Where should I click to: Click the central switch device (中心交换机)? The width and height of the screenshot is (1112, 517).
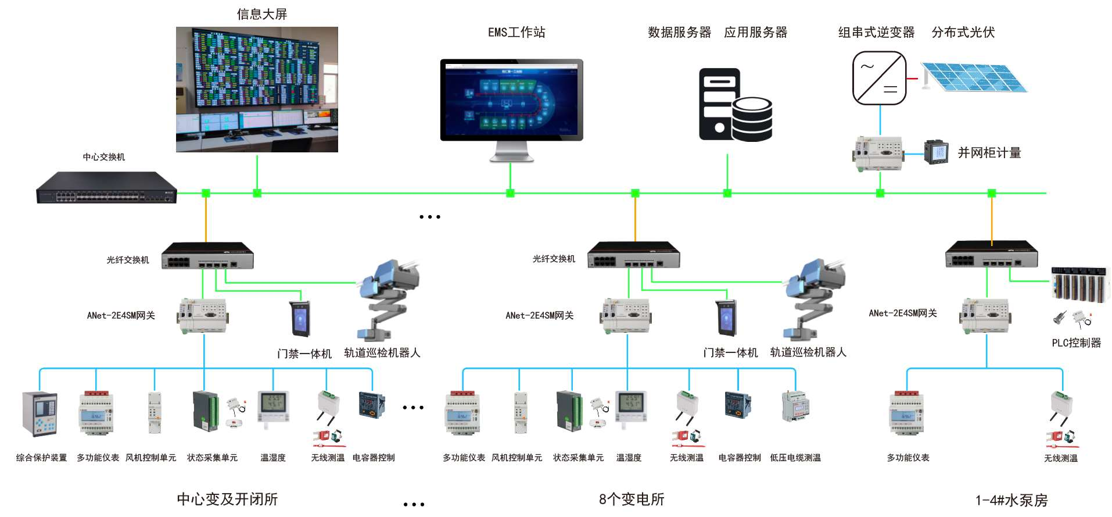tap(106, 187)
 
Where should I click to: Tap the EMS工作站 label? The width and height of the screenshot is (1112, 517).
tap(516, 33)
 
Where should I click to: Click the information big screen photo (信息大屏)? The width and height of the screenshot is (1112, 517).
tap(257, 90)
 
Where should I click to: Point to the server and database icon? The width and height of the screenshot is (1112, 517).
tap(735, 105)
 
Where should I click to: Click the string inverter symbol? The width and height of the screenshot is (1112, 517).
tap(879, 78)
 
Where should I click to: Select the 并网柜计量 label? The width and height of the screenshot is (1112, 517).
tap(989, 153)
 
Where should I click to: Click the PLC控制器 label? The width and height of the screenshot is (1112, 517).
tap(1076, 343)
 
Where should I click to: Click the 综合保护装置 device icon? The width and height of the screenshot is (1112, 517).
tap(40, 413)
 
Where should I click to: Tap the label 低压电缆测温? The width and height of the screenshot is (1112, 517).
tap(795, 458)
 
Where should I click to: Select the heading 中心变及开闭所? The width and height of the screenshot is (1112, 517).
tap(227, 500)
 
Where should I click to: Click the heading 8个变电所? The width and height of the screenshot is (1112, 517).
tap(631, 500)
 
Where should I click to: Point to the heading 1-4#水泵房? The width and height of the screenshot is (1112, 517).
tap(1011, 501)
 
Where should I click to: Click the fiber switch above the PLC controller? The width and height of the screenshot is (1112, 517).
tap(991, 254)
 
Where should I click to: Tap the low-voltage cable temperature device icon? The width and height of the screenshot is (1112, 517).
tap(795, 406)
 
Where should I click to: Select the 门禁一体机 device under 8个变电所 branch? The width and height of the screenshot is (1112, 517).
tap(727, 318)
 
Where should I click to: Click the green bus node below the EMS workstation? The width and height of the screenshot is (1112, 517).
tap(510, 193)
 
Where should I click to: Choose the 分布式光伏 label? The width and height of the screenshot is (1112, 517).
tap(963, 33)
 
